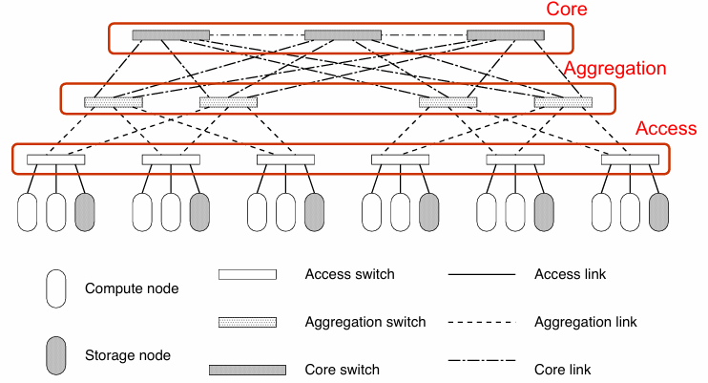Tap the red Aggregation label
pyautogui.click(x=614, y=69)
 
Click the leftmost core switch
pyautogui.click(x=171, y=35)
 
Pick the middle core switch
pyautogui.click(x=343, y=35)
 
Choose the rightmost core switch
pyautogui.click(x=506, y=35)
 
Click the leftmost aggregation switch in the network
pyautogui.click(x=114, y=102)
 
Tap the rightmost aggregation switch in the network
pyautogui.click(x=563, y=102)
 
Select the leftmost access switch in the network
pyautogui.click(x=56, y=160)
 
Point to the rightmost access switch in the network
pyautogui.click(x=631, y=160)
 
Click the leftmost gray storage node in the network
pyautogui.click(x=85, y=212)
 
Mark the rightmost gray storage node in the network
pyautogui.click(x=659, y=212)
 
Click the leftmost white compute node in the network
pyautogui.click(x=28, y=212)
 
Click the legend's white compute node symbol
pyautogui.click(x=56, y=287)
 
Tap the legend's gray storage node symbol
pyautogui.click(x=56, y=355)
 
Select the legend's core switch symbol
pyautogui.click(x=247, y=370)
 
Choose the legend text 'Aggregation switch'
pyautogui.click(x=365, y=322)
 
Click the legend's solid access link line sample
pyautogui.click(x=482, y=275)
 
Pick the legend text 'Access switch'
pyautogui.click(x=349, y=274)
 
